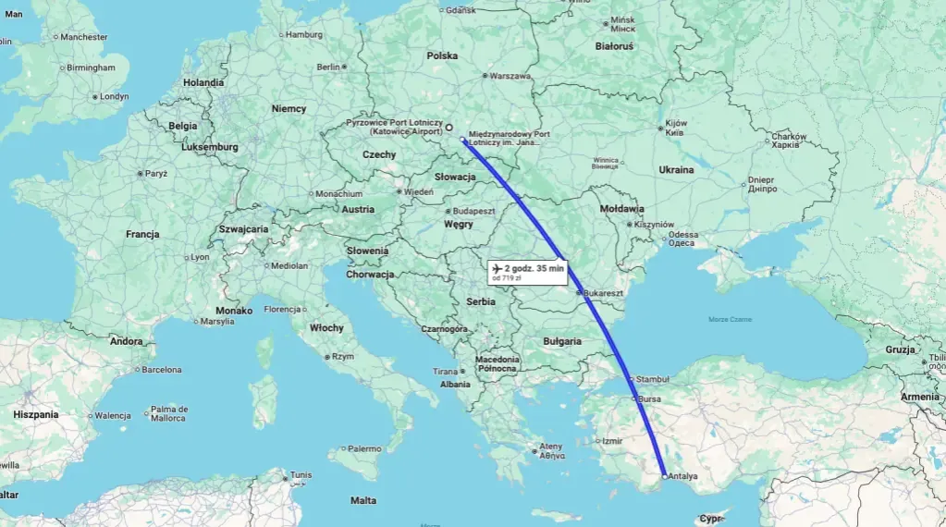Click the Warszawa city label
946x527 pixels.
(x=510, y=76)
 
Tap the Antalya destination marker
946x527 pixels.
(x=664, y=475)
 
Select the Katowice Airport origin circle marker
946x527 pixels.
(x=449, y=128)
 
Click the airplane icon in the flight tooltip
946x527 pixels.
(x=498, y=268)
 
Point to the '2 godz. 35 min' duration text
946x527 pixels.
(x=534, y=268)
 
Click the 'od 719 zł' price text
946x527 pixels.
(x=508, y=277)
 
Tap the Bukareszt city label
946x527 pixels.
(x=605, y=293)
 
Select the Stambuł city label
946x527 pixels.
(x=652, y=379)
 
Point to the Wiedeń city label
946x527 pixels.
(x=418, y=192)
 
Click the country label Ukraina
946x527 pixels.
(x=676, y=169)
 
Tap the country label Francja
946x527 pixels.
(x=142, y=235)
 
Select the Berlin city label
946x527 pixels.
(x=328, y=67)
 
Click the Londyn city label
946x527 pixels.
(x=113, y=96)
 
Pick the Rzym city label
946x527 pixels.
(x=343, y=356)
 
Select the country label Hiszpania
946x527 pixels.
(x=36, y=415)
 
